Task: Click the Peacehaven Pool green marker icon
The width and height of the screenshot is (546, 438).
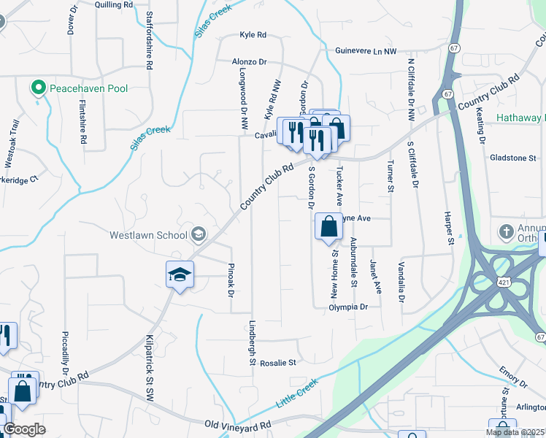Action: [x=38, y=88]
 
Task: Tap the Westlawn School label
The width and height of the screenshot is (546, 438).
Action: [x=149, y=235]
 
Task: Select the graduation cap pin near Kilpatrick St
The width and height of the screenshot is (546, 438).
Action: [x=180, y=275]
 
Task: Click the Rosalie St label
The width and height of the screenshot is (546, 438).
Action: [x=278, y=362]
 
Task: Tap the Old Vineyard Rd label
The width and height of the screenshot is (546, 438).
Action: [x=237, y=424]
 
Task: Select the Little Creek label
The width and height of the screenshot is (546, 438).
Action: [x=297, y=393]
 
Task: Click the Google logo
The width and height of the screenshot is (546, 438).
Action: [x=24, y=429]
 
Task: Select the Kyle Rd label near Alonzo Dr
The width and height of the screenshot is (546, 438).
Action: [x=253, y=34]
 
